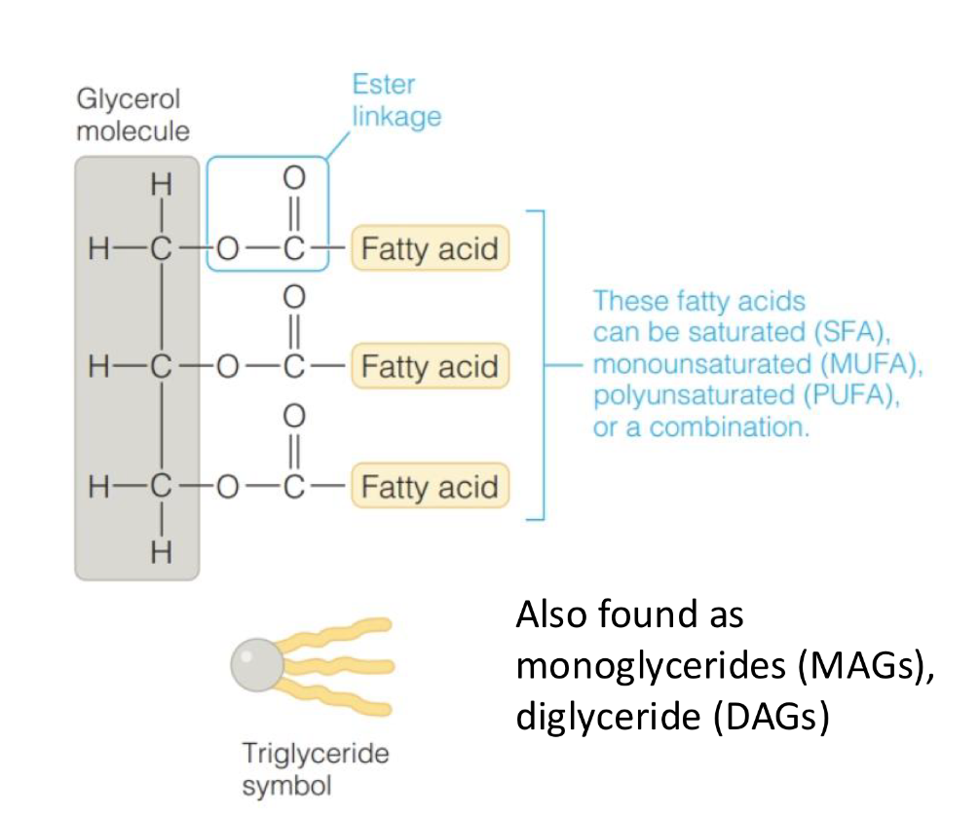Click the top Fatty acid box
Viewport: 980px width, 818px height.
[430, 249]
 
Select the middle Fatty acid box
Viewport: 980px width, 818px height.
[430, 367]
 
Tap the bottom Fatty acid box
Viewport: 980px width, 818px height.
[430, 486]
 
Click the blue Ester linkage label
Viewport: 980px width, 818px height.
[396, 100]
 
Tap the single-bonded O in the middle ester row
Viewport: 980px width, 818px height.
[227, 367]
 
